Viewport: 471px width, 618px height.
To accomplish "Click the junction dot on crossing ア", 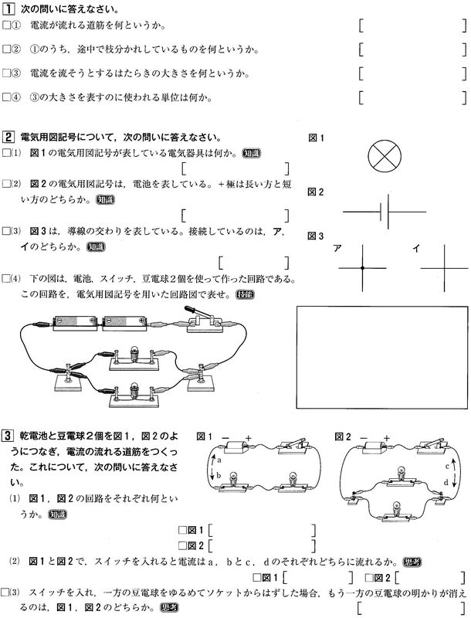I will click(361, 268).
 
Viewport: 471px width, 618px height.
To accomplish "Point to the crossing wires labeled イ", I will click(443, 267).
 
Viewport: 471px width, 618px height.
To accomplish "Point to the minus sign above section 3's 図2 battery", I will click(363, 437).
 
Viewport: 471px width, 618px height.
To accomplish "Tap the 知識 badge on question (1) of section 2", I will click(252, 153).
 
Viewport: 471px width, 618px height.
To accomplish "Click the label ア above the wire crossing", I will click(337, 248).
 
